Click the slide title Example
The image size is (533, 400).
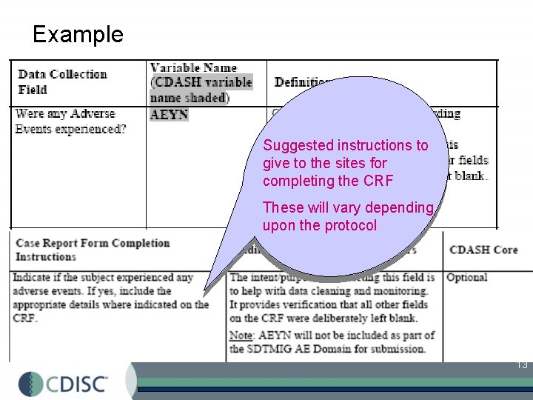(x=78, y=34)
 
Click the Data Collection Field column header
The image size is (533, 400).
(x=62, y=81)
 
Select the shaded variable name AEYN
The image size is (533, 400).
(x=169, y=114)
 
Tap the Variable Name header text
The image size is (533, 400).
(x=193, y=68)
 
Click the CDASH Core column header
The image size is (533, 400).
(x=483, y=250)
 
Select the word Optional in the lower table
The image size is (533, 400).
(x=466, y=277)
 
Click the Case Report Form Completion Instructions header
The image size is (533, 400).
(x=93, y=250)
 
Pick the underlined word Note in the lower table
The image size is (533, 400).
(x=241, y=336)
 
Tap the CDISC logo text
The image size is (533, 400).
(x=78, y=384)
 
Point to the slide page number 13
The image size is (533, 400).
(x=521, y=364)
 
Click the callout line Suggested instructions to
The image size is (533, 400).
(x=346, y=145)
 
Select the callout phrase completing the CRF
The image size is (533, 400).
(x=327, y=181)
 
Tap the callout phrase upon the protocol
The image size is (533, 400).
(x=319, y=225)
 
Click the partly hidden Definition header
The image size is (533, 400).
(x=301, y=81)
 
